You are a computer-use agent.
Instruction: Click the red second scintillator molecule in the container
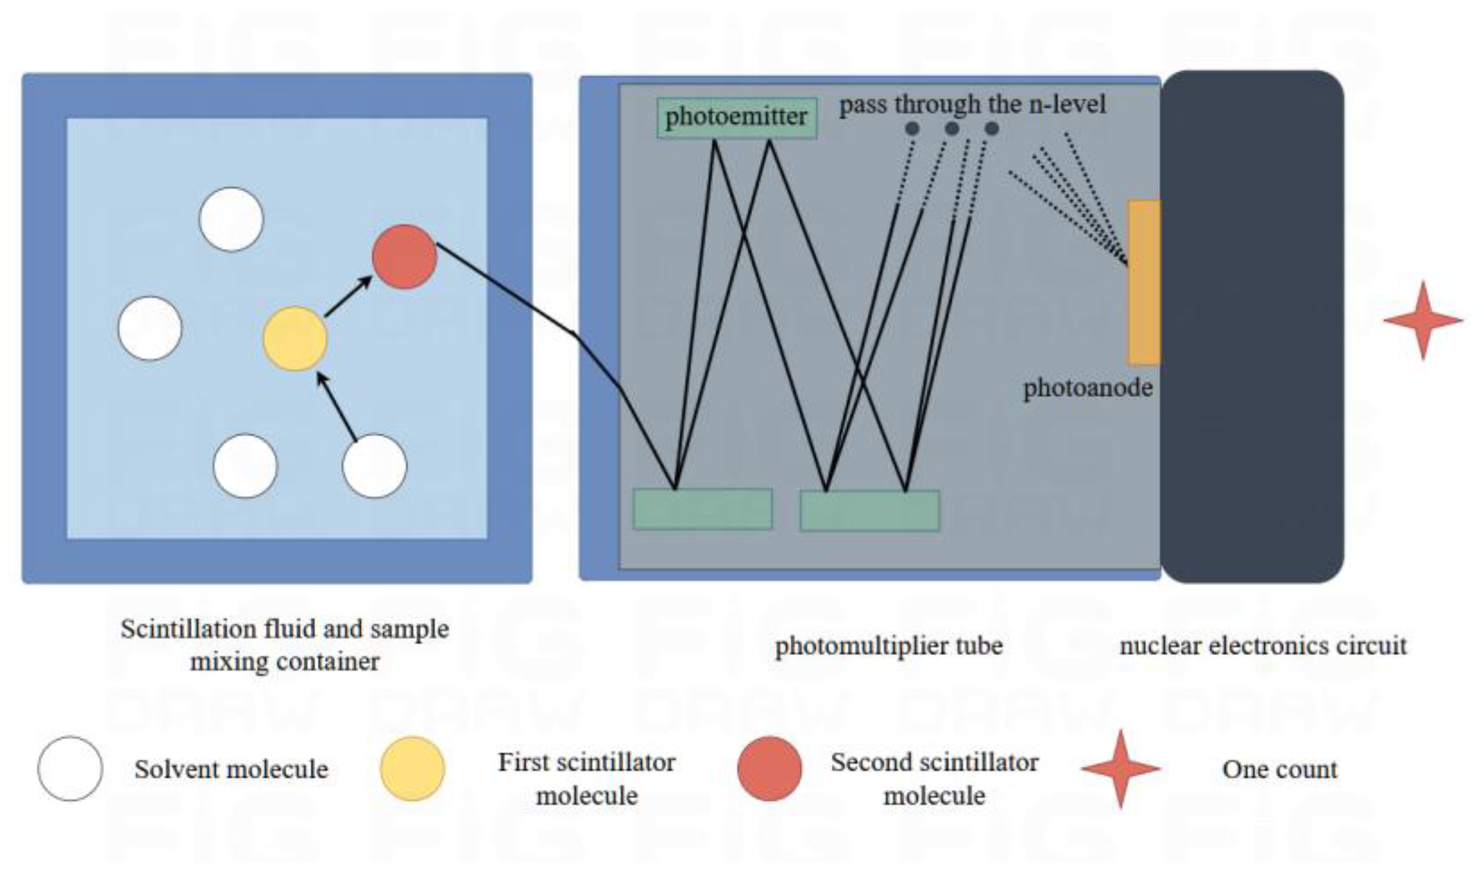405,256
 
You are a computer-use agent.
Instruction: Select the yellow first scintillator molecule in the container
295,339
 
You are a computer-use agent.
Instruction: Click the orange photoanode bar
1143,282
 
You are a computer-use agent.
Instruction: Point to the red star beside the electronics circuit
1423,320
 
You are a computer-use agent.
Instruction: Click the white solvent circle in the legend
70,769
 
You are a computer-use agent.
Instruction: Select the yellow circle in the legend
412,769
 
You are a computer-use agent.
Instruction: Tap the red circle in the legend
770,769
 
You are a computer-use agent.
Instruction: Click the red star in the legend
1121,769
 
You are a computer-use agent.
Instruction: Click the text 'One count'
1280,769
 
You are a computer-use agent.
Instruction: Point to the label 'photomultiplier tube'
889,646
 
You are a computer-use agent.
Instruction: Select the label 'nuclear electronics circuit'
1263,646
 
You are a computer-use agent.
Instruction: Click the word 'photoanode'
1088,388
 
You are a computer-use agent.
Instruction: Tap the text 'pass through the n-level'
972,105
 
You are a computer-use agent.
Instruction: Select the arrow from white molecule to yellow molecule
337,408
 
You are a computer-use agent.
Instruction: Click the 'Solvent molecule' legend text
231,769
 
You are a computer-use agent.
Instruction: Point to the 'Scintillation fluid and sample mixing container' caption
285,645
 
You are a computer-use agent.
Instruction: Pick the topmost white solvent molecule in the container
231,219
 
